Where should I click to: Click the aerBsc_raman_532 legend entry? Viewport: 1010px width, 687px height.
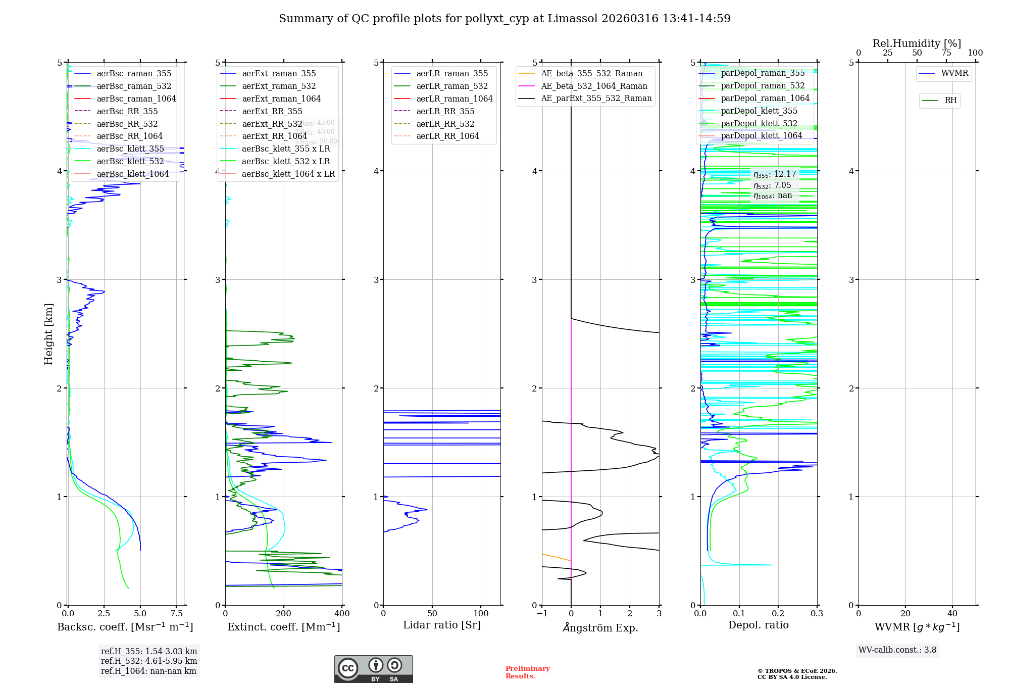point(134,86)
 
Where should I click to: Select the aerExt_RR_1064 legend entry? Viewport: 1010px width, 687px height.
point(274,136)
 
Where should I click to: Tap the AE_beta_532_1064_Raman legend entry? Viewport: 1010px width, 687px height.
point(594,86)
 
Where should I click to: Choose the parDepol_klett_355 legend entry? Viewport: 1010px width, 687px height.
point(759,111)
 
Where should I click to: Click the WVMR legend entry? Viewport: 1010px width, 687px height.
point(954,73)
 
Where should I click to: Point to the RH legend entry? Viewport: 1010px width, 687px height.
point(950,101)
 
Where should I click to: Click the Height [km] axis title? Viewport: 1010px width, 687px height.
point(48,334)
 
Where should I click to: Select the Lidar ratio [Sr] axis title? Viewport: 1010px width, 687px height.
point(442,625)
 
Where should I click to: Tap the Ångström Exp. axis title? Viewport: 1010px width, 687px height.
point(600,628)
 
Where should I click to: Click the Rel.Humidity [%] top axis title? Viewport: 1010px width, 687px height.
point(917,43)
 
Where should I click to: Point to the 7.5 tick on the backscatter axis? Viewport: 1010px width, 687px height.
point(176,614)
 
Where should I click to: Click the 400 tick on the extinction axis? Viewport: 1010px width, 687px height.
point(342,614)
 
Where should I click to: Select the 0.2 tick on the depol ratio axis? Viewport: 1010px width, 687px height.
point(778,614)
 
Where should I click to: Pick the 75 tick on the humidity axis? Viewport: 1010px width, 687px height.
point(946,53)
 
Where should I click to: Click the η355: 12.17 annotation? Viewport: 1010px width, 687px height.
point(775,174)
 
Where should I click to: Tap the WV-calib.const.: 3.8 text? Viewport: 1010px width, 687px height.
point(897,650)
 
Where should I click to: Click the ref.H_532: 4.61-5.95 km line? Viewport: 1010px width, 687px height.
point(149,661)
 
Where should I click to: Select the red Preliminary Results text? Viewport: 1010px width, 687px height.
point(527,672)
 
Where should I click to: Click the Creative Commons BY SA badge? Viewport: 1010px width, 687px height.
point(373,669)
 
